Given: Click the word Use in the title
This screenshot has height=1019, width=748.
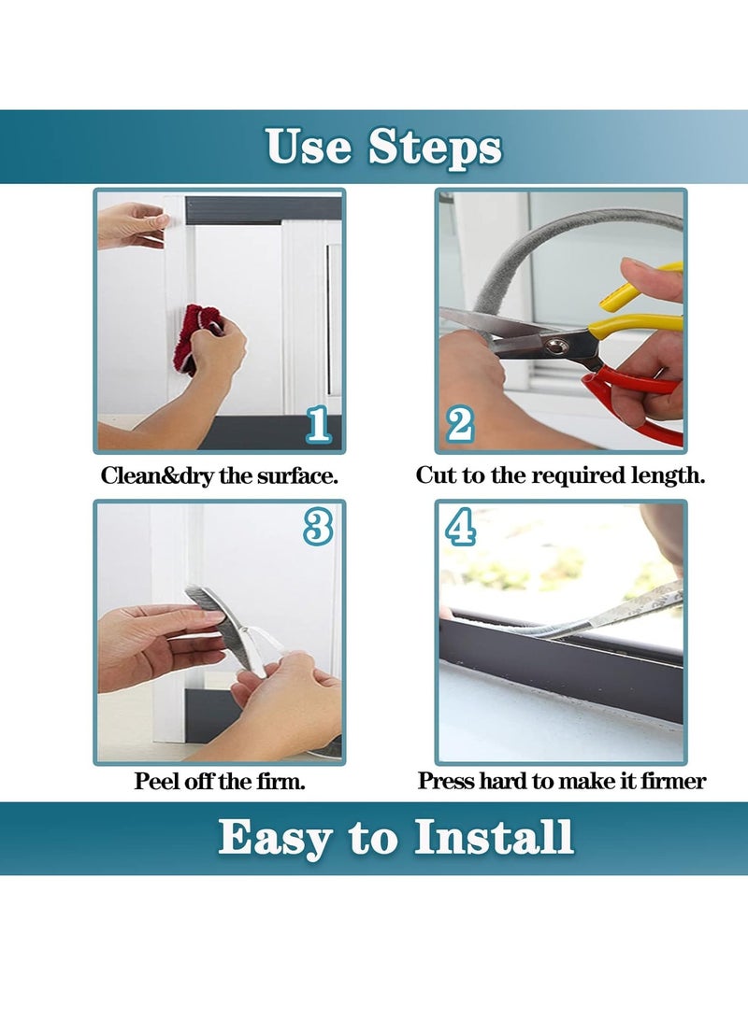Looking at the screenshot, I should [309, 147].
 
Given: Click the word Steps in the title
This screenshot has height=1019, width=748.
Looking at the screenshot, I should [435, 147].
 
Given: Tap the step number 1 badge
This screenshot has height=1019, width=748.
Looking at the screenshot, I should [318, 425].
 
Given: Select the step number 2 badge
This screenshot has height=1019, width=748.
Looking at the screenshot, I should [460, 425].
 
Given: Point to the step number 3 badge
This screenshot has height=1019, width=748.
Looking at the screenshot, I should [318, 528].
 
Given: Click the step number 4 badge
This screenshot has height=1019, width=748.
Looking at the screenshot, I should [460, 528].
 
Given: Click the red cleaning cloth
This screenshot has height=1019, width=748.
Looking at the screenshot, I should [199, 337].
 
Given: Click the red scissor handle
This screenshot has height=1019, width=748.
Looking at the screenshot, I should [636, 402].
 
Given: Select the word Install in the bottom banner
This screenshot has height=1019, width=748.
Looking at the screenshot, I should [494, 837].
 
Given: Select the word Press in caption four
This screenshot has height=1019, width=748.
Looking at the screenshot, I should [446, 782].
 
